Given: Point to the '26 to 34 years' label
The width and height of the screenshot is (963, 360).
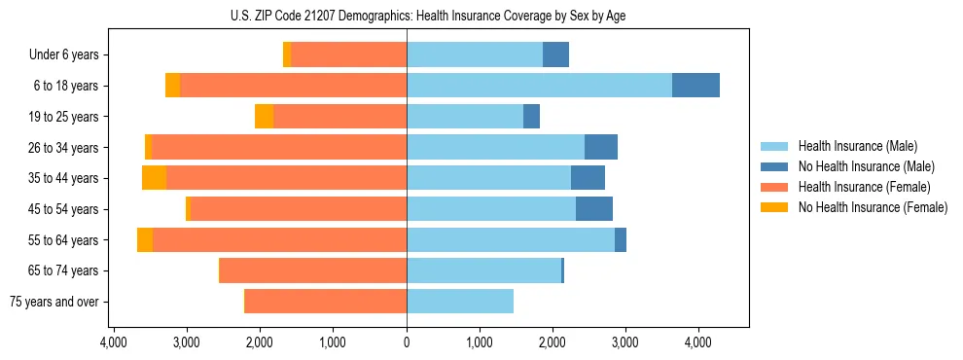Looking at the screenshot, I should tap(64, 148).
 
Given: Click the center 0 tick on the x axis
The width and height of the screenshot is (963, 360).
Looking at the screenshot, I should tap(407, 342).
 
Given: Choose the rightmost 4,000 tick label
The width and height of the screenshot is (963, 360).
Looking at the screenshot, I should tap(697, 342).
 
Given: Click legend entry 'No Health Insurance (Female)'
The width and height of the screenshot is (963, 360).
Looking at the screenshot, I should tap(872, 207).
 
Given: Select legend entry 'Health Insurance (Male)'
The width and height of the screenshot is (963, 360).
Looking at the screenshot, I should tap(857, 146).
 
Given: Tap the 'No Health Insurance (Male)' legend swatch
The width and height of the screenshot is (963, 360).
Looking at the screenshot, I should tap(774, 166).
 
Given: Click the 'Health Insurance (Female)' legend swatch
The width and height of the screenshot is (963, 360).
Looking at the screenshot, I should tap(774, 187).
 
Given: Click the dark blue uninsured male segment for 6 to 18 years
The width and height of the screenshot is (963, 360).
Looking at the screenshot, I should tap(695, 86).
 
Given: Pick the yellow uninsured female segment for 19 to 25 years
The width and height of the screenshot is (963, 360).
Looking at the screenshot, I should tap(264, 117).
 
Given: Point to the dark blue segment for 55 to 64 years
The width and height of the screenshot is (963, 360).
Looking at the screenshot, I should tap(621, 240).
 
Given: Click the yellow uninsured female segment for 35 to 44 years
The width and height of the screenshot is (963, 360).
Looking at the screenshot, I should tap(154, 178).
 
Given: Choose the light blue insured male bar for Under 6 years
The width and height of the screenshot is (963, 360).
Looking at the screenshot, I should tap(475, 55).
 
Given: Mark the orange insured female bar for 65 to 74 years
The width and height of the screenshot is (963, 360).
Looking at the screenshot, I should tap(313, 270).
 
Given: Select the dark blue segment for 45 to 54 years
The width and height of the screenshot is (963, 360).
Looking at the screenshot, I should tap(594, 209).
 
